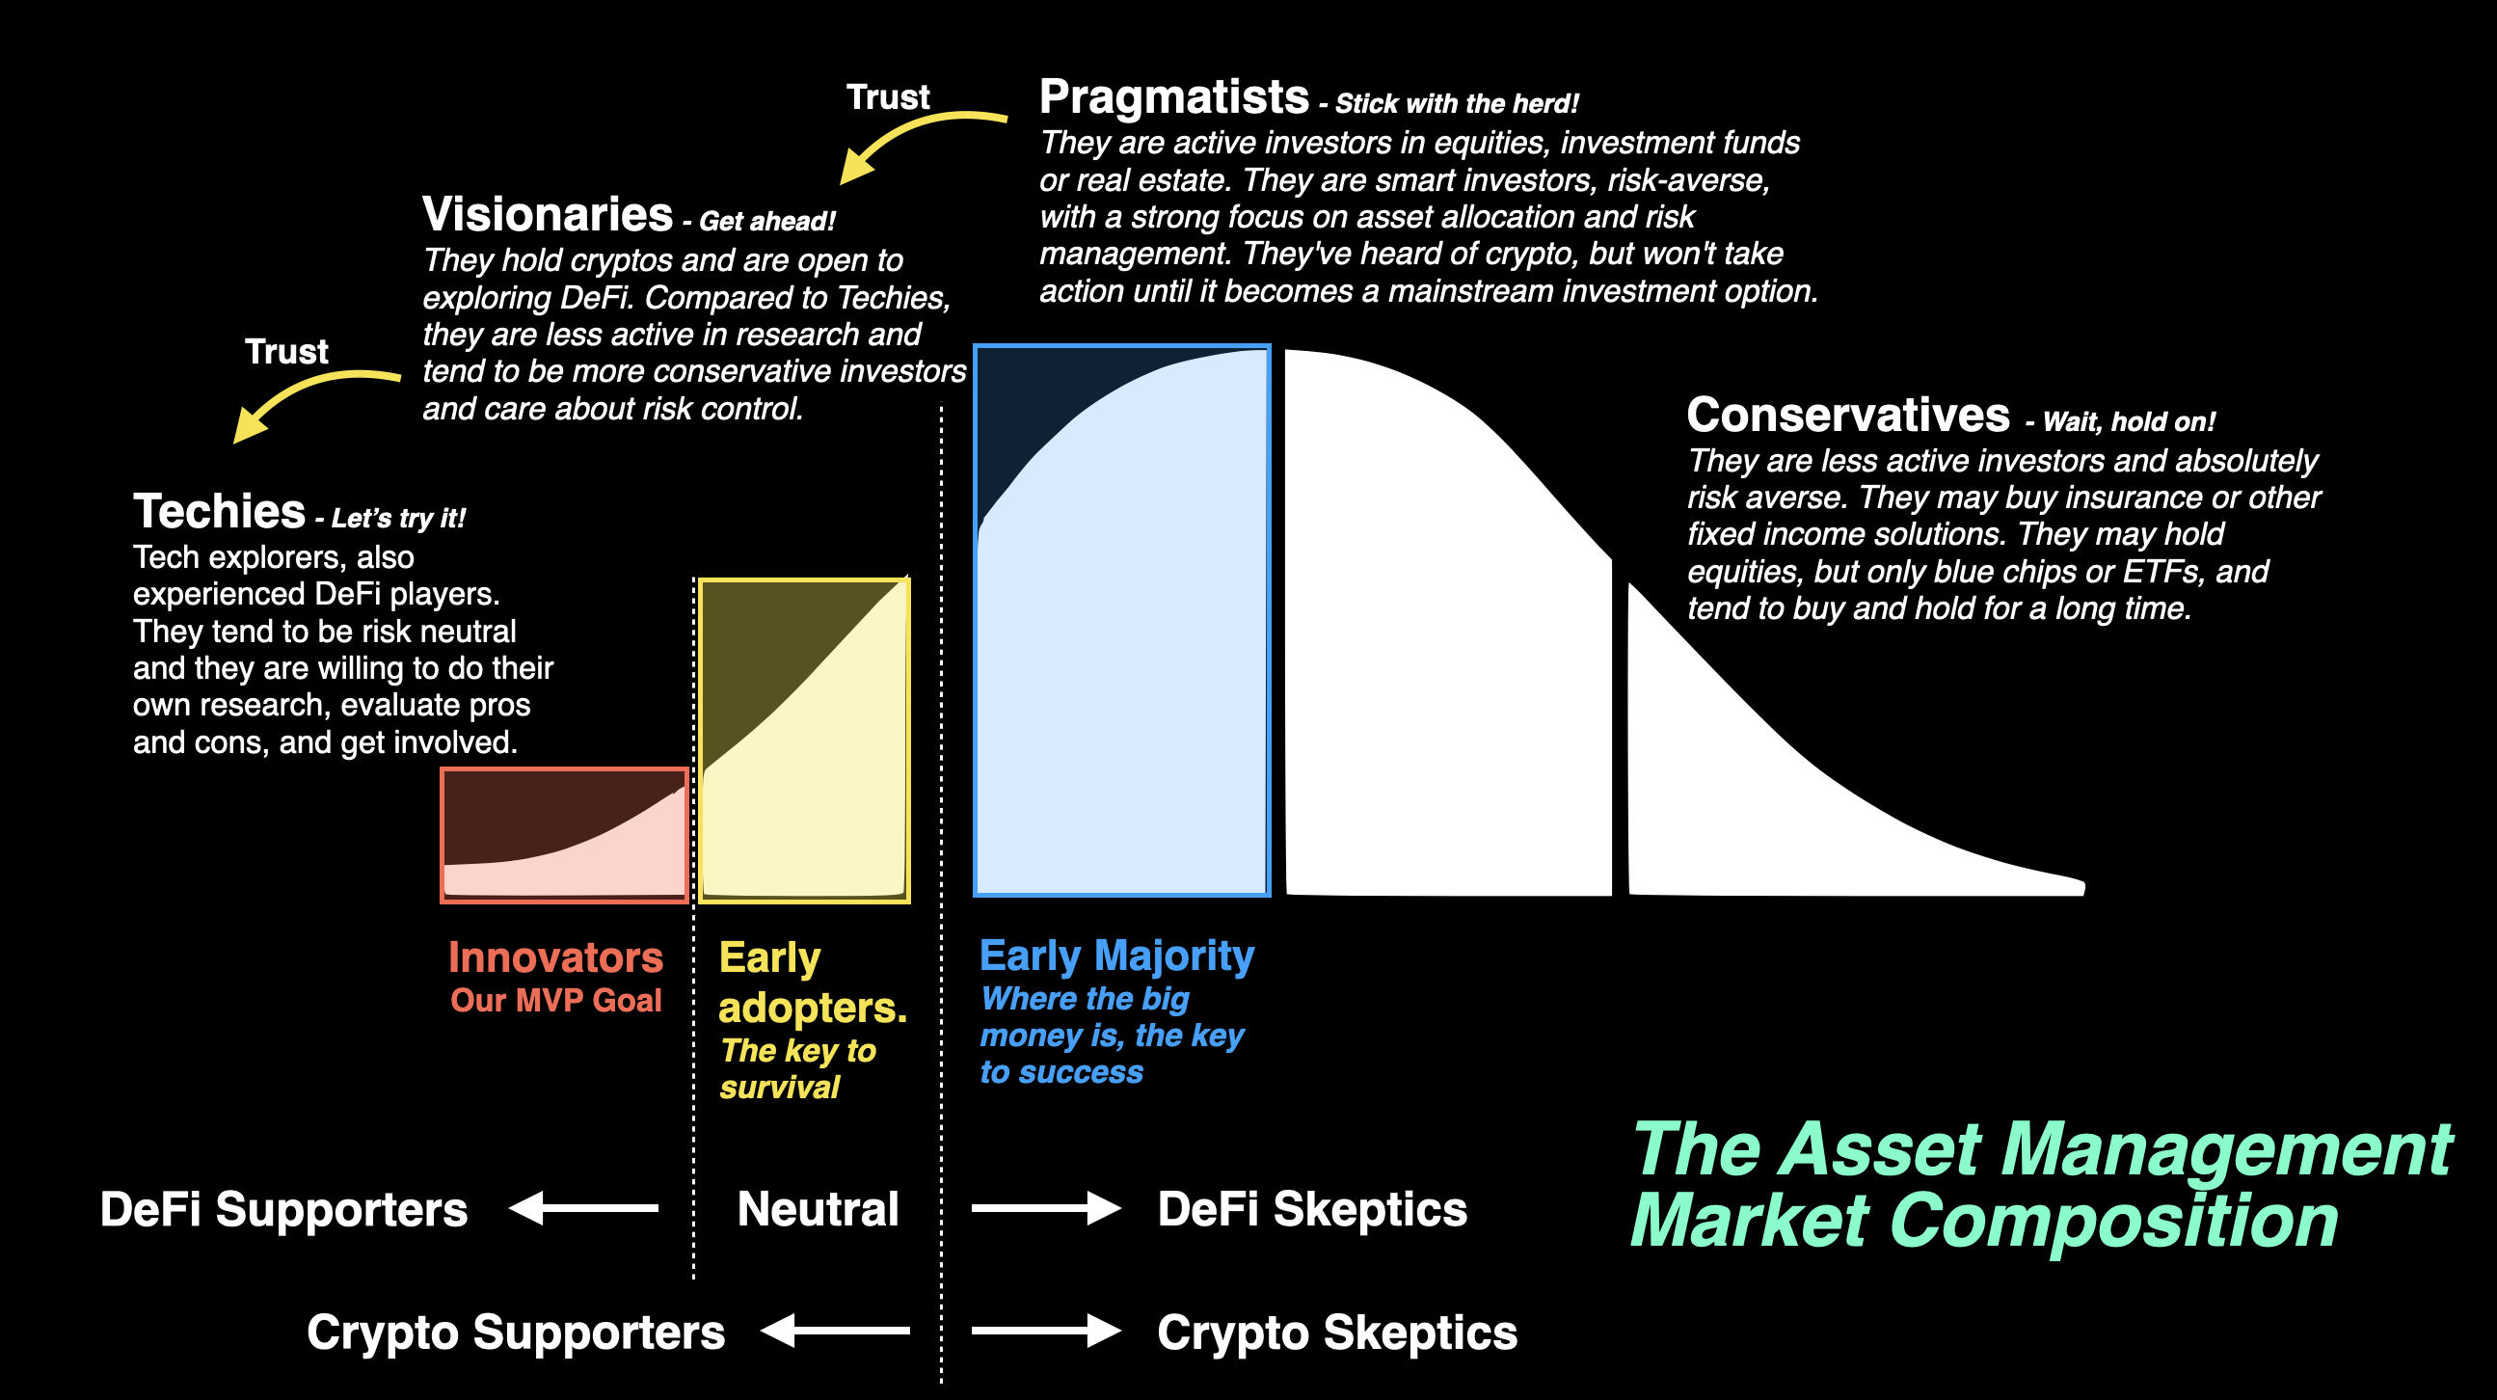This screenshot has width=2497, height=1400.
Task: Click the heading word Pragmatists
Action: click(x=1174, y=98)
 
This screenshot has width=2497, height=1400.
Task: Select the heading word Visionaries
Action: click(x=548, y=214)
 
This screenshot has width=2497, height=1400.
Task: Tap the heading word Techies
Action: click(x=219, y=511)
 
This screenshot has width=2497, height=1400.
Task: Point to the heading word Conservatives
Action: click(x=1847, y=415)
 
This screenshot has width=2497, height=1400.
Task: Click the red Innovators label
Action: click(x=555, y=957)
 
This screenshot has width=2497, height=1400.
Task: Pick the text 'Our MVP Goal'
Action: click(x=555, y=1001)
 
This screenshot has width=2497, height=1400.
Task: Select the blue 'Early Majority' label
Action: click(x=1116, y=956)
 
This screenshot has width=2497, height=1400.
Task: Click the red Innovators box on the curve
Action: click(x=564, y=836)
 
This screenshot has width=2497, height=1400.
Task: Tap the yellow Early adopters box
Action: click(x=804, y=740)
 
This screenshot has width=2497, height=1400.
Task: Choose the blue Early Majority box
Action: click(x=1121, y=621)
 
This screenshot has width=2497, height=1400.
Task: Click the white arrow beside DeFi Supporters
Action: click(x=583, y=1208)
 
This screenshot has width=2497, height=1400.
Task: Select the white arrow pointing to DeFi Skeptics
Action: click(x=1046, y=1208)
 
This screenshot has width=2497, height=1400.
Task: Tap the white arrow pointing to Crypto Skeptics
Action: click(x=1046, y=1332)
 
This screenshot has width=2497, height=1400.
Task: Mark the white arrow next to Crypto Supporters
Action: click(x=836, y=1332)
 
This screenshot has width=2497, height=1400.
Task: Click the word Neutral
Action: click(x=819, y=1209)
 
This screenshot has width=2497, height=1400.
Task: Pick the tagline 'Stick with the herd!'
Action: click(x=1457, y=104)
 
